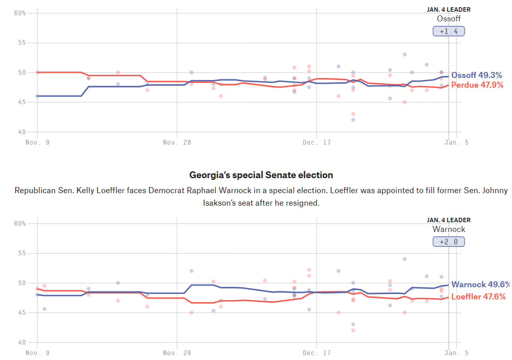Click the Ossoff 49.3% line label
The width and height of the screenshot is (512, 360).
pyautogui.click(x=476, y=76)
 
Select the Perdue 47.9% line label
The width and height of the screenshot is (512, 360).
pyautogui.click(x=477, y=85)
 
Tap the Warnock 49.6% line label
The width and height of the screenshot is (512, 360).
pyautogui.click(x=480, y=285)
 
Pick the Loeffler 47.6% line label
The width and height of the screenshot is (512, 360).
pyautogui.click(x=478, y=297)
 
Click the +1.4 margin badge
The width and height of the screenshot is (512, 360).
pyautogui.click(x=449, y=32)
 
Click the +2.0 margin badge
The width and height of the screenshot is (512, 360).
pyautogui.click(x=449, y=242)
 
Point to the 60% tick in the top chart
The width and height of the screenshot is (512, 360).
pyautogui.click(x=20, y=13)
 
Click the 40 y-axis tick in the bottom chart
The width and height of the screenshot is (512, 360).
pyautogui.click(x=22, y=343)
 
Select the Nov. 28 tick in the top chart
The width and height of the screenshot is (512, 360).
pyautogui.click(x=177, y=143)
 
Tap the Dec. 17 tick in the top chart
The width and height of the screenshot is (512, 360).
pyautogui.click(x=316, y=143)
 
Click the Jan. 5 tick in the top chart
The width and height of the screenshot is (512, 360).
pyautogui.click(x=456, y=143)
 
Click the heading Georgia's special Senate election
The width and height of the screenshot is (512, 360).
pyautogui.click(x=261, y=175)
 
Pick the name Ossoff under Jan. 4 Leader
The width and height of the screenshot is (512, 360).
pyautogui.click(x=449, y=19)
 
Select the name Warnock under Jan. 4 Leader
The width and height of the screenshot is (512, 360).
pyautogui.click(x=449, y=229)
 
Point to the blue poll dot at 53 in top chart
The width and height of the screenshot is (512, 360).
pyautogui.click(x=405, y=55)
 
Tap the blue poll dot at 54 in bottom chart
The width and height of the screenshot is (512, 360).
pyautogui.click(x=405, y=259)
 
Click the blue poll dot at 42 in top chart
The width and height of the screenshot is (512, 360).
pyautogui.click(x=353, y=120)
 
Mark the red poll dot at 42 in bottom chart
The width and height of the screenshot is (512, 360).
pyautogui.click(x=353, y=330)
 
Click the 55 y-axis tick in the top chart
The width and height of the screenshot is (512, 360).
pyautogui.click(x=22, y=43)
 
